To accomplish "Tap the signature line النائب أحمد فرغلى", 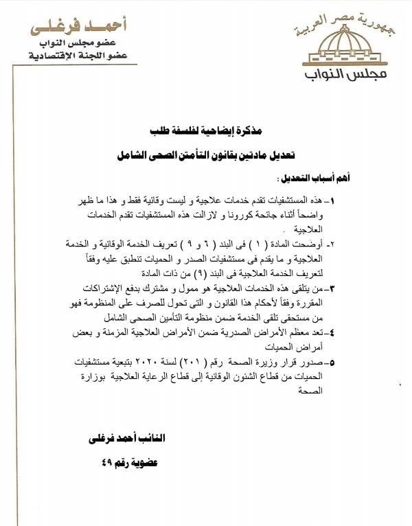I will [127, 438].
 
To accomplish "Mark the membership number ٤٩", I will [109, 462].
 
